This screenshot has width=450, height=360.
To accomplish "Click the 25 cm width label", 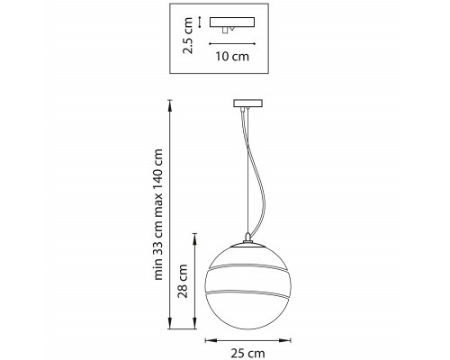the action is pyautogui.click(x=247, y=353).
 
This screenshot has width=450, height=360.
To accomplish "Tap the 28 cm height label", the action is pyautogui.click(x=183, y=281).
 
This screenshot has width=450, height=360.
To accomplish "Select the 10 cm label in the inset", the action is pyautogui.click(x=232, y=57).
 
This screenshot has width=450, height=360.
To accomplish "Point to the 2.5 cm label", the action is pyautogui.click(x=188, y=36).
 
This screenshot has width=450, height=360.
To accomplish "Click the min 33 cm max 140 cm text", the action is pyautogui.click(x=157, y=214).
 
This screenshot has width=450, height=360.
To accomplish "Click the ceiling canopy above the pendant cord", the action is pyautogui.click(x=248, y=103).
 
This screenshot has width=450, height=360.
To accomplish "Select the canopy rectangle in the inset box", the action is pyautogui.click(x=232, y=22).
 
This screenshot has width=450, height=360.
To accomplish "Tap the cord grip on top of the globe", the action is pyautogui.click(x=247, y=238).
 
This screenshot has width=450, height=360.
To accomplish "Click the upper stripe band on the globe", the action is pyautogui.click(x=248, y=267).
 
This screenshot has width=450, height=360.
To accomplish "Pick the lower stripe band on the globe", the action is pyautogui.click(x=247, y=292).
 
